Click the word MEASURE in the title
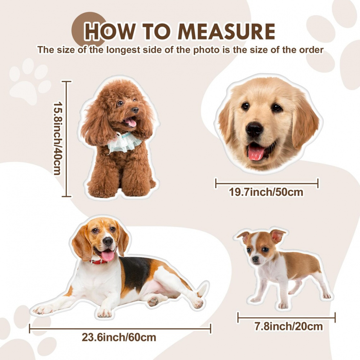(226, 31)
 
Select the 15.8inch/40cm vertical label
(57, 139)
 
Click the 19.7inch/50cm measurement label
(266, 192)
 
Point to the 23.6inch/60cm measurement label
(119, 337)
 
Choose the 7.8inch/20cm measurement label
(289, 326)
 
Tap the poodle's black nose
(135, 110)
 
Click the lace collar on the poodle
(125, 142)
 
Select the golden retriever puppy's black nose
(254, 130)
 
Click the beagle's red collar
(99, 261)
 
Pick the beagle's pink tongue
(107, 255)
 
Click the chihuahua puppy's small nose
(255, 259)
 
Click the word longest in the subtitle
(123, 50)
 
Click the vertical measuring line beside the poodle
(67, 139)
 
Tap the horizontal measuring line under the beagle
(120, 329)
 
